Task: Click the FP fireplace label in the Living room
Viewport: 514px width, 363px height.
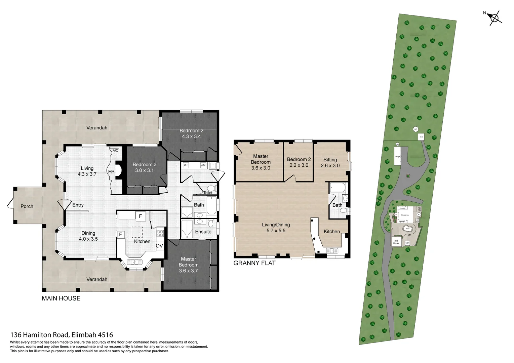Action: [111, 172]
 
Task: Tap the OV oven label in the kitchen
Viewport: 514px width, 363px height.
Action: [159, 246]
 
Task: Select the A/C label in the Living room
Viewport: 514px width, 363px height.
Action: [115, 151]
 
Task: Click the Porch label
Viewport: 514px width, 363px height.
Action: [27, 206]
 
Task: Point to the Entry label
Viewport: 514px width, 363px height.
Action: [78, 205]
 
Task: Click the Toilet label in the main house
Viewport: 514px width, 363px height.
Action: [208, 193]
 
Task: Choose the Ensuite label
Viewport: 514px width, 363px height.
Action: [203, 232]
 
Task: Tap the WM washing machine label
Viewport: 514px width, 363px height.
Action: [203, 165]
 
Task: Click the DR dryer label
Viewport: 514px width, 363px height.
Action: [186, 165]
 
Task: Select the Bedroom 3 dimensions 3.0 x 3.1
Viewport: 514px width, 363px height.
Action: [145, 170]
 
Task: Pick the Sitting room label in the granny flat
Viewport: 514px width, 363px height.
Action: [330, 160]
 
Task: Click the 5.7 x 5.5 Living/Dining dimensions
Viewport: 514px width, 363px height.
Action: [276, 231]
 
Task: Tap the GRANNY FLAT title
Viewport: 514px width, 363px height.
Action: [254, 263]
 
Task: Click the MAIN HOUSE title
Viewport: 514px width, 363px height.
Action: [61, 298]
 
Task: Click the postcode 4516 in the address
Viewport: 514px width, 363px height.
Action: [105, 335]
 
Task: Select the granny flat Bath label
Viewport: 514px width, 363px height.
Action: [337, 205]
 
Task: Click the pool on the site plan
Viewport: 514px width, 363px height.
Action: [408, 229]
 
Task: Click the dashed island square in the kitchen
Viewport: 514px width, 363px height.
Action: [137, 232]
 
